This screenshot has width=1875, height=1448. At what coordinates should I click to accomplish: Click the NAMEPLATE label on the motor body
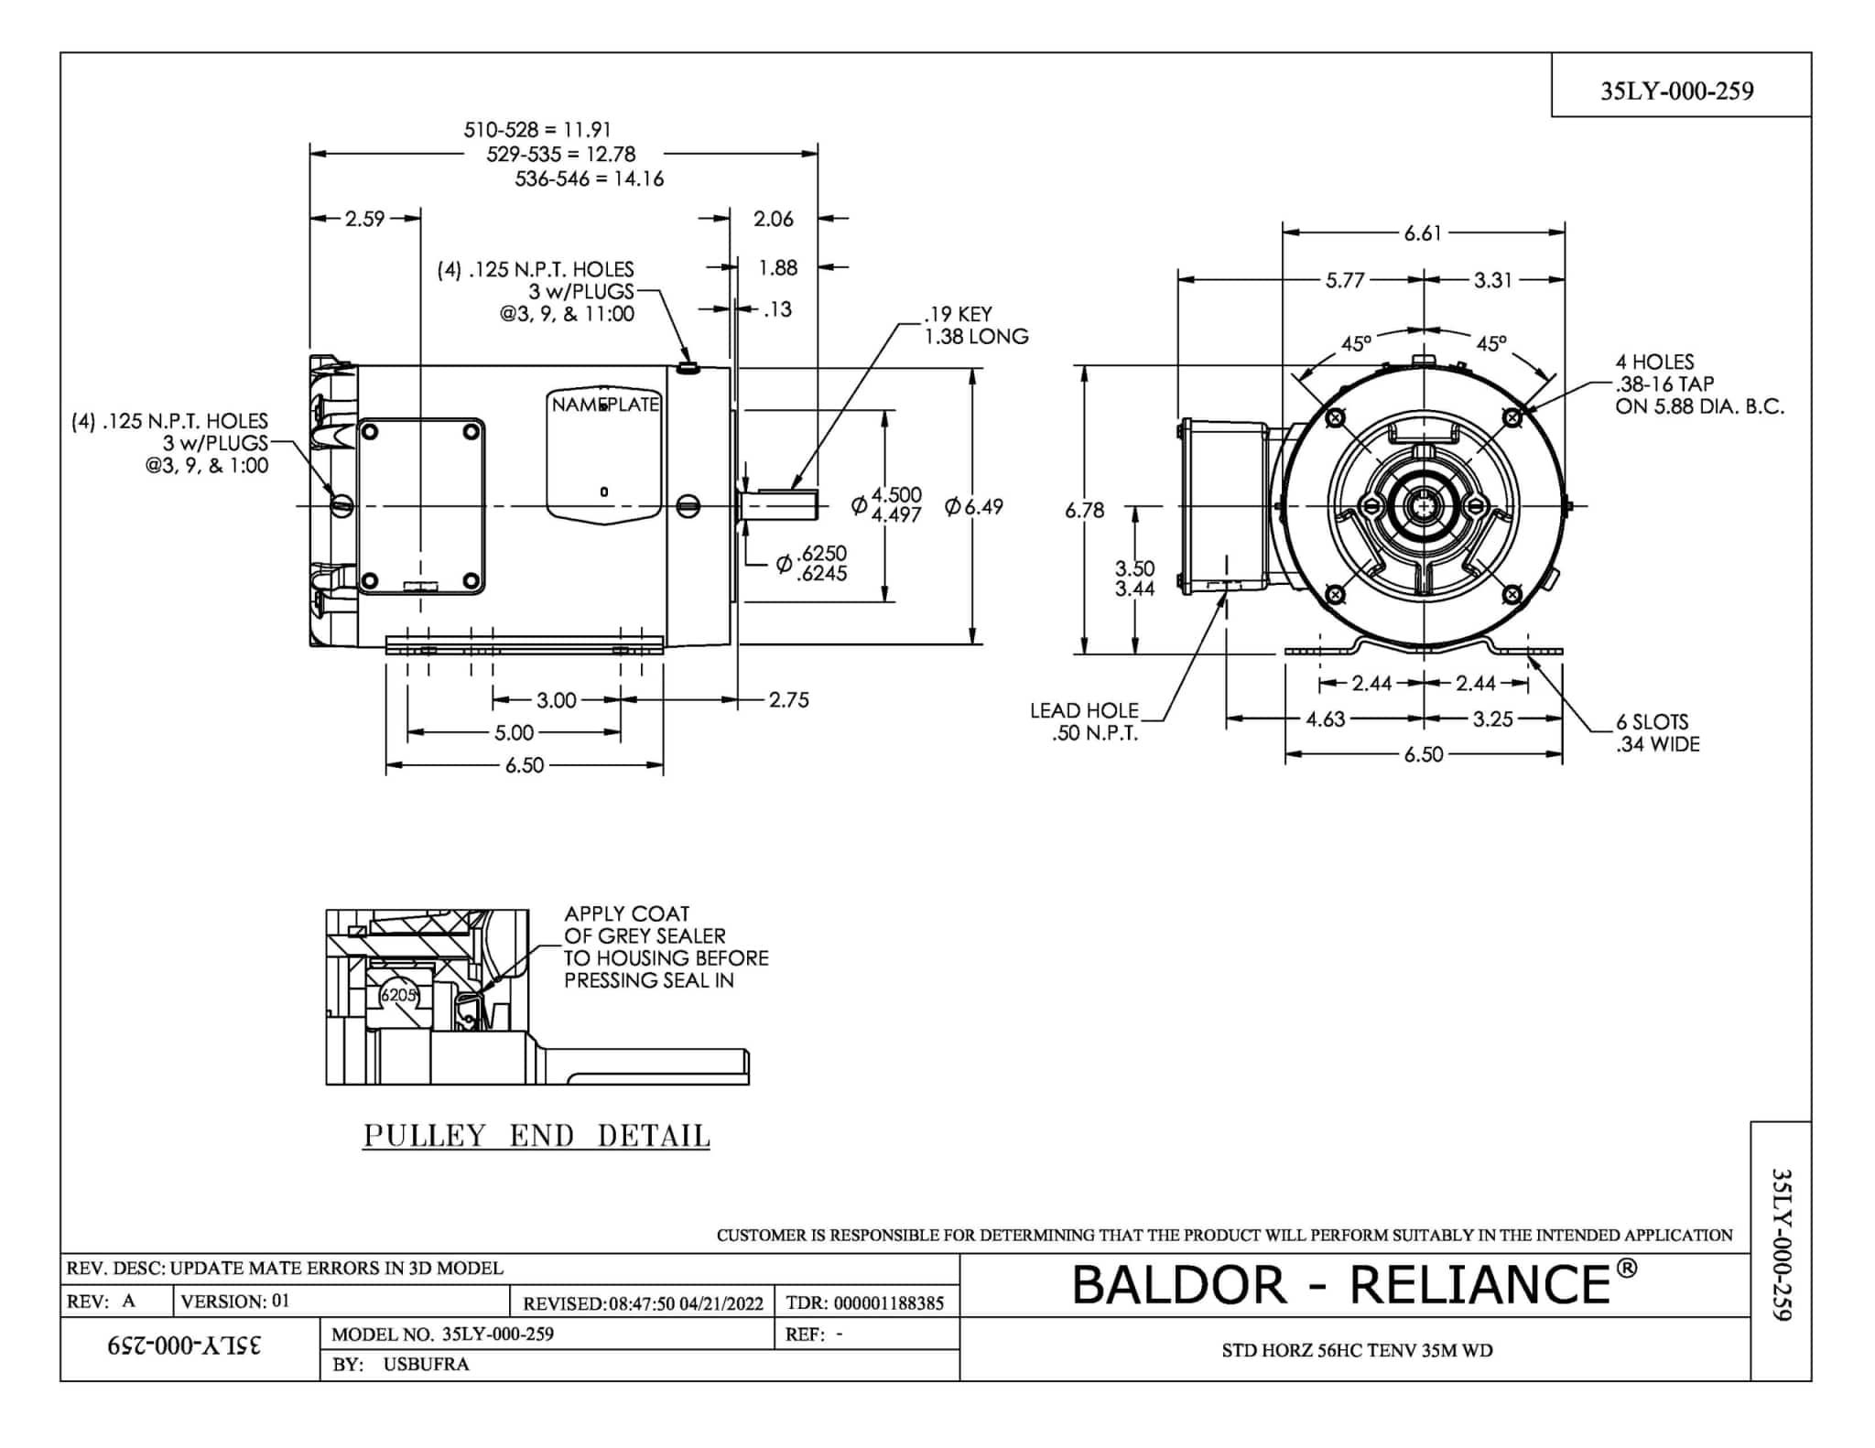pyautogui.click(x=605, y=405)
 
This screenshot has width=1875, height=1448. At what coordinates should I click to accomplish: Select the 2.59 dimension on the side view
pyautogui.click(x=364, y=219)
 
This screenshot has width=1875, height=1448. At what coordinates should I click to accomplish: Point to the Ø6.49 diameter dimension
pyautogui.click(x=974, y=506)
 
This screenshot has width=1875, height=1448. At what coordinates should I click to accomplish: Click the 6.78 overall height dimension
pyautogui.click(x=1084, y=510)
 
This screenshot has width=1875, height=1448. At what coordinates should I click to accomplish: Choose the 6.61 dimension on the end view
pyautogui.click(x=1423, y=233)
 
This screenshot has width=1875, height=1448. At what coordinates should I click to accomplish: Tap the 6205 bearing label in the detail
pyautogui.click(x=398, y=994)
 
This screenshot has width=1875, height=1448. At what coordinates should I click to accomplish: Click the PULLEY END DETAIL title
pyautogui.click(x=536, y=1135)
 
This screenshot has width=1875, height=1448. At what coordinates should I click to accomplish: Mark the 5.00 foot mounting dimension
pyautogui.click(x=514, y=732)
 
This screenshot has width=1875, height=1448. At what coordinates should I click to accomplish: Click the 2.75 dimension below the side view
pyautogui.click(x=788, y=700)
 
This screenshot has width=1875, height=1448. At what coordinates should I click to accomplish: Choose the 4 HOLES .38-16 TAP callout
pyautogui.click(x=1698, y=384)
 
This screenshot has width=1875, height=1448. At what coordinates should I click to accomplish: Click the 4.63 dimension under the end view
pyautogui.click(x=1325, y=719)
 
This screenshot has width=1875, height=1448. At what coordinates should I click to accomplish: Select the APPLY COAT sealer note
pyautogui.click(x=666, y=946)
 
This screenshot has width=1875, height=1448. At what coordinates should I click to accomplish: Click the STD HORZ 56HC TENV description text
pyautogui.click(x=1357, y=1350)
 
